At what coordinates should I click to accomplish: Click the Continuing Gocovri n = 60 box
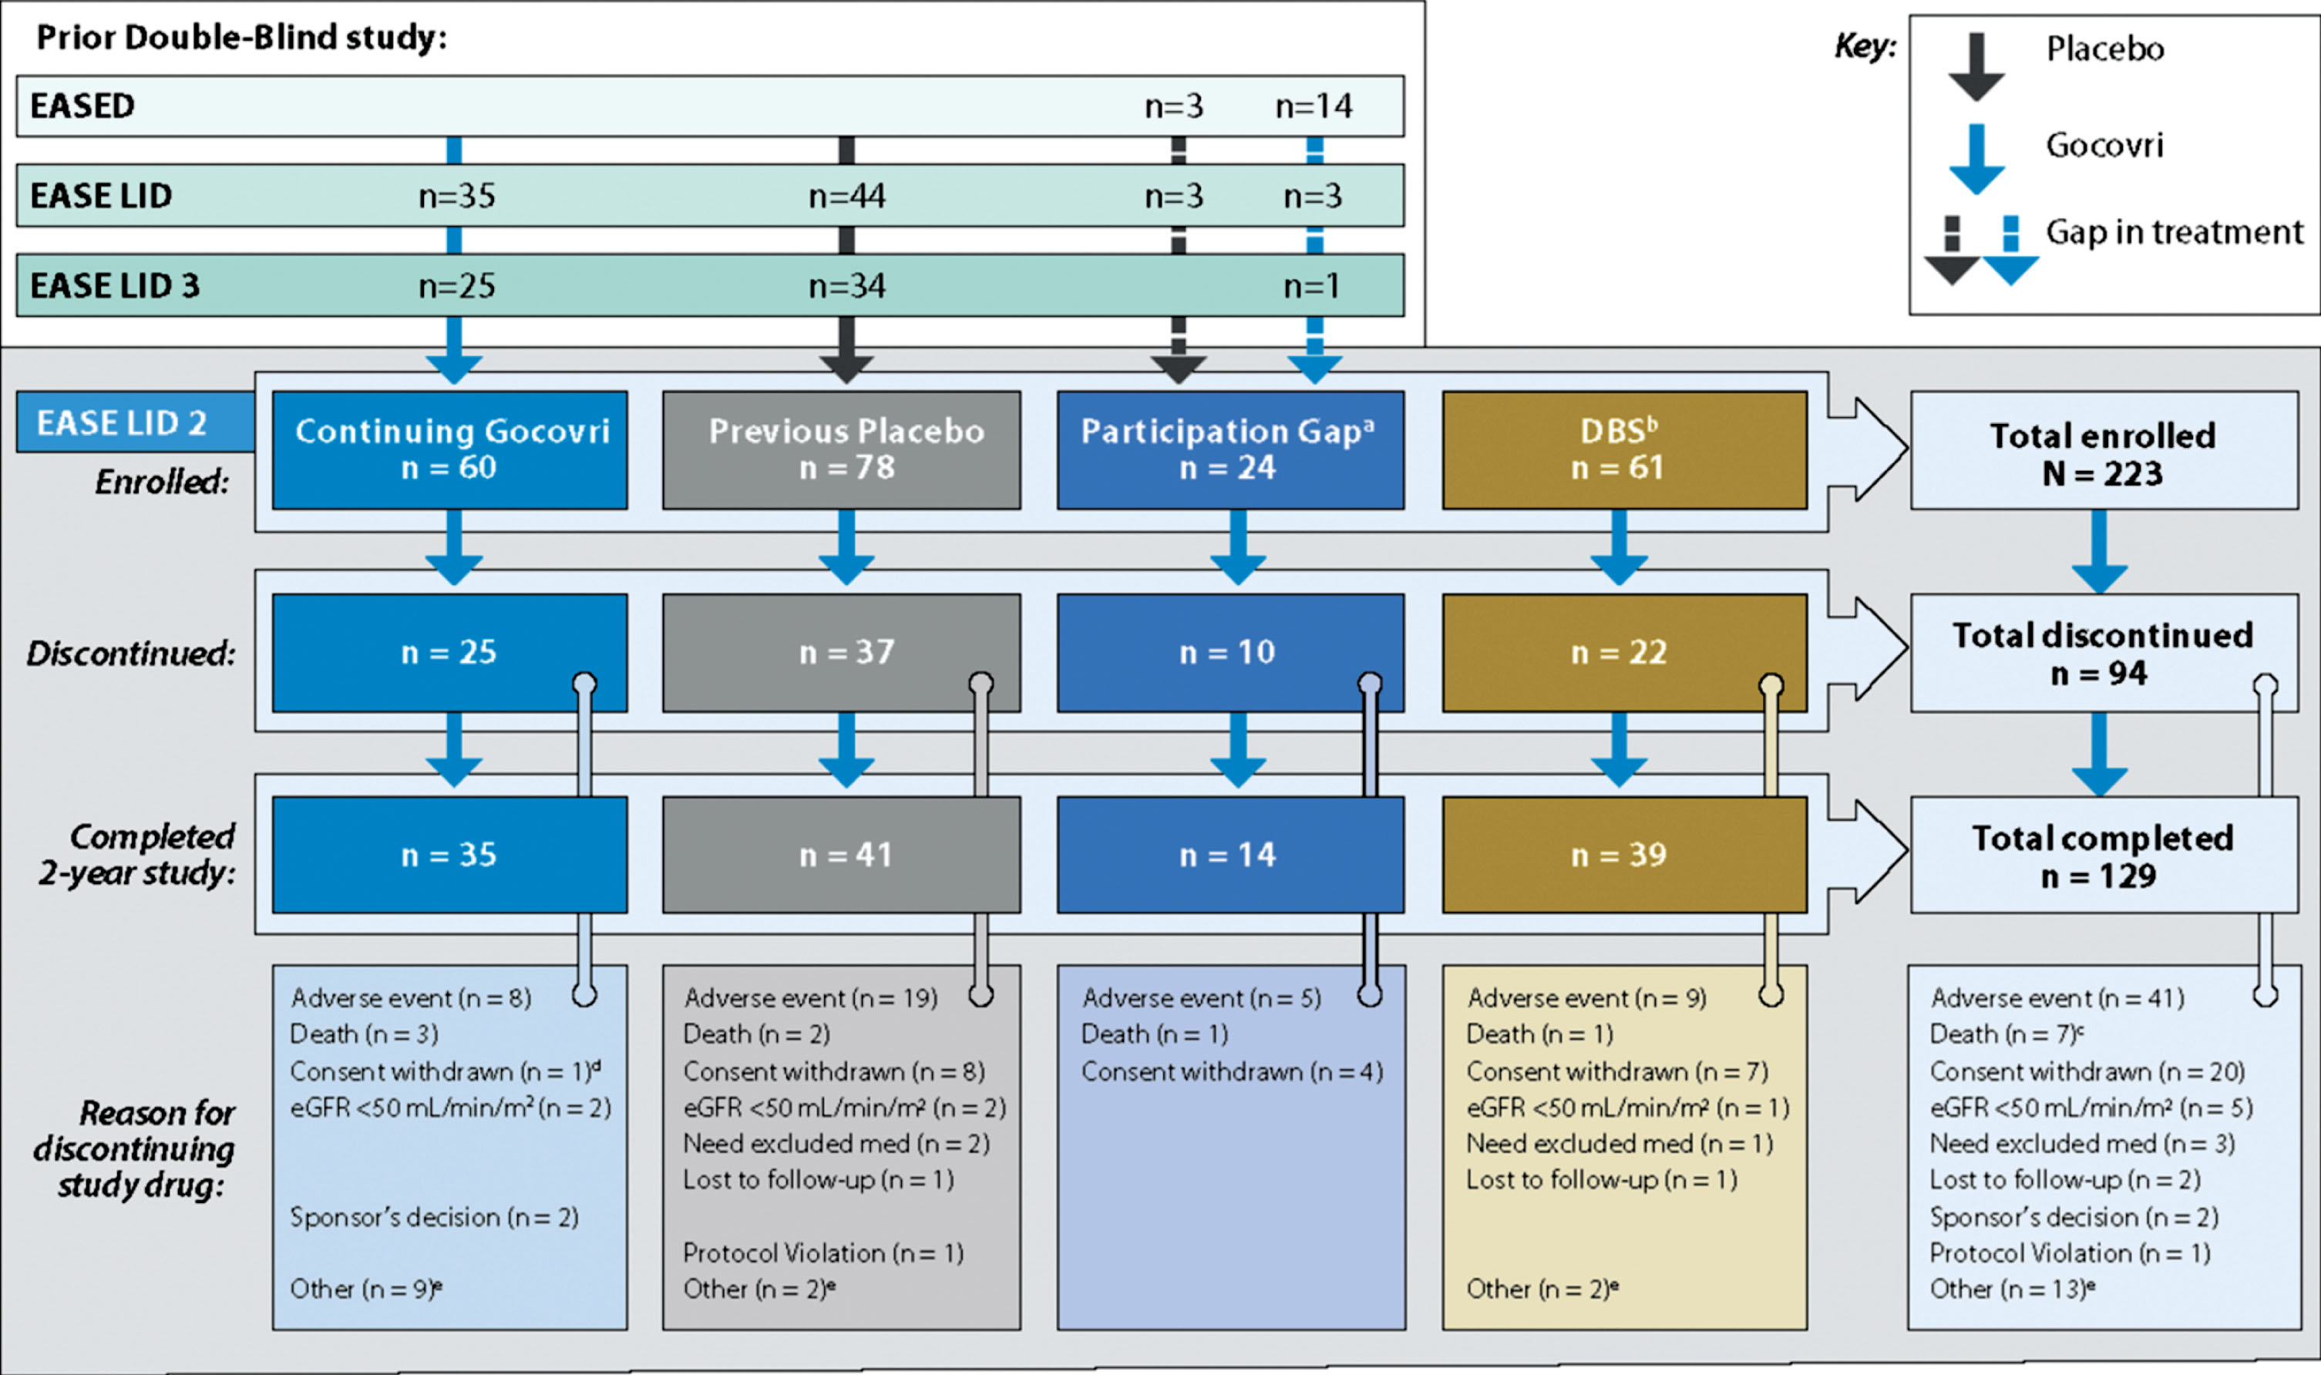coord(449,449)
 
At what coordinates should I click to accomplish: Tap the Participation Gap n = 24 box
coord(1230,449)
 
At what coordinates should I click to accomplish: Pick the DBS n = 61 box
coord(1624,449)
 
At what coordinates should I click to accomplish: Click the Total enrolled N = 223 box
coord(2104,449)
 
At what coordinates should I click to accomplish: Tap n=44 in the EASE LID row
coord(847,196)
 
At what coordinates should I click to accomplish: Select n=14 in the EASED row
coord(1314,106)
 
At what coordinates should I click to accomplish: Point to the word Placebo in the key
coord(2105,49)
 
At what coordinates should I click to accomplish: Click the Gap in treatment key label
coord(2175,232)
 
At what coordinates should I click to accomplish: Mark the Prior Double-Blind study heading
coord(242,37)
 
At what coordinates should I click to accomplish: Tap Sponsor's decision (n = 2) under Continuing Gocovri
coord(435,1216)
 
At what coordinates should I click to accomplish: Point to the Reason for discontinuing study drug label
coord(135,1149)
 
